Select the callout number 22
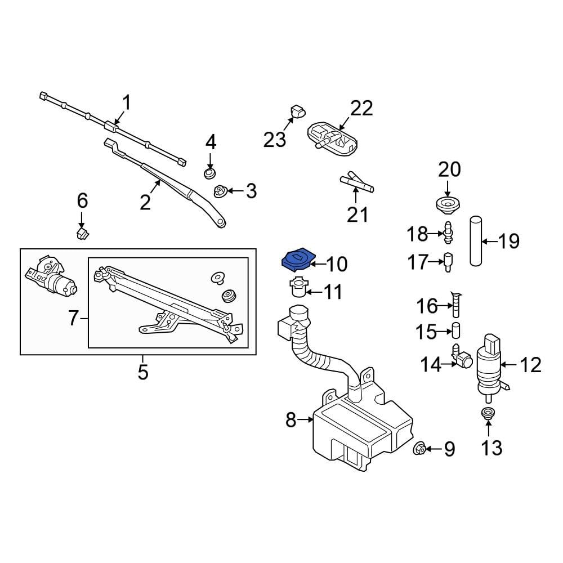click(x=361, y=108)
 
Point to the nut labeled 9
click(x=420, y=448)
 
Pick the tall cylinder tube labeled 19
click(x=476, y=240)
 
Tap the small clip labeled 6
click(x=83, y=234)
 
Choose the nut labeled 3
click(x=220, y=191)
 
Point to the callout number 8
click(x=291, y=419)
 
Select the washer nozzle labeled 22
click(x=333, y=140)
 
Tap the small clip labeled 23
click(x=297, y=112)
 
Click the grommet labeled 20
click(x=448, y=205)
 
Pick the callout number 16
click(x=427, y=306)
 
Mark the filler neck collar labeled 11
click(x=298, y=287)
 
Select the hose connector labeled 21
click(x=357, y=183)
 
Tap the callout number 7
click(x=73, y=318)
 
